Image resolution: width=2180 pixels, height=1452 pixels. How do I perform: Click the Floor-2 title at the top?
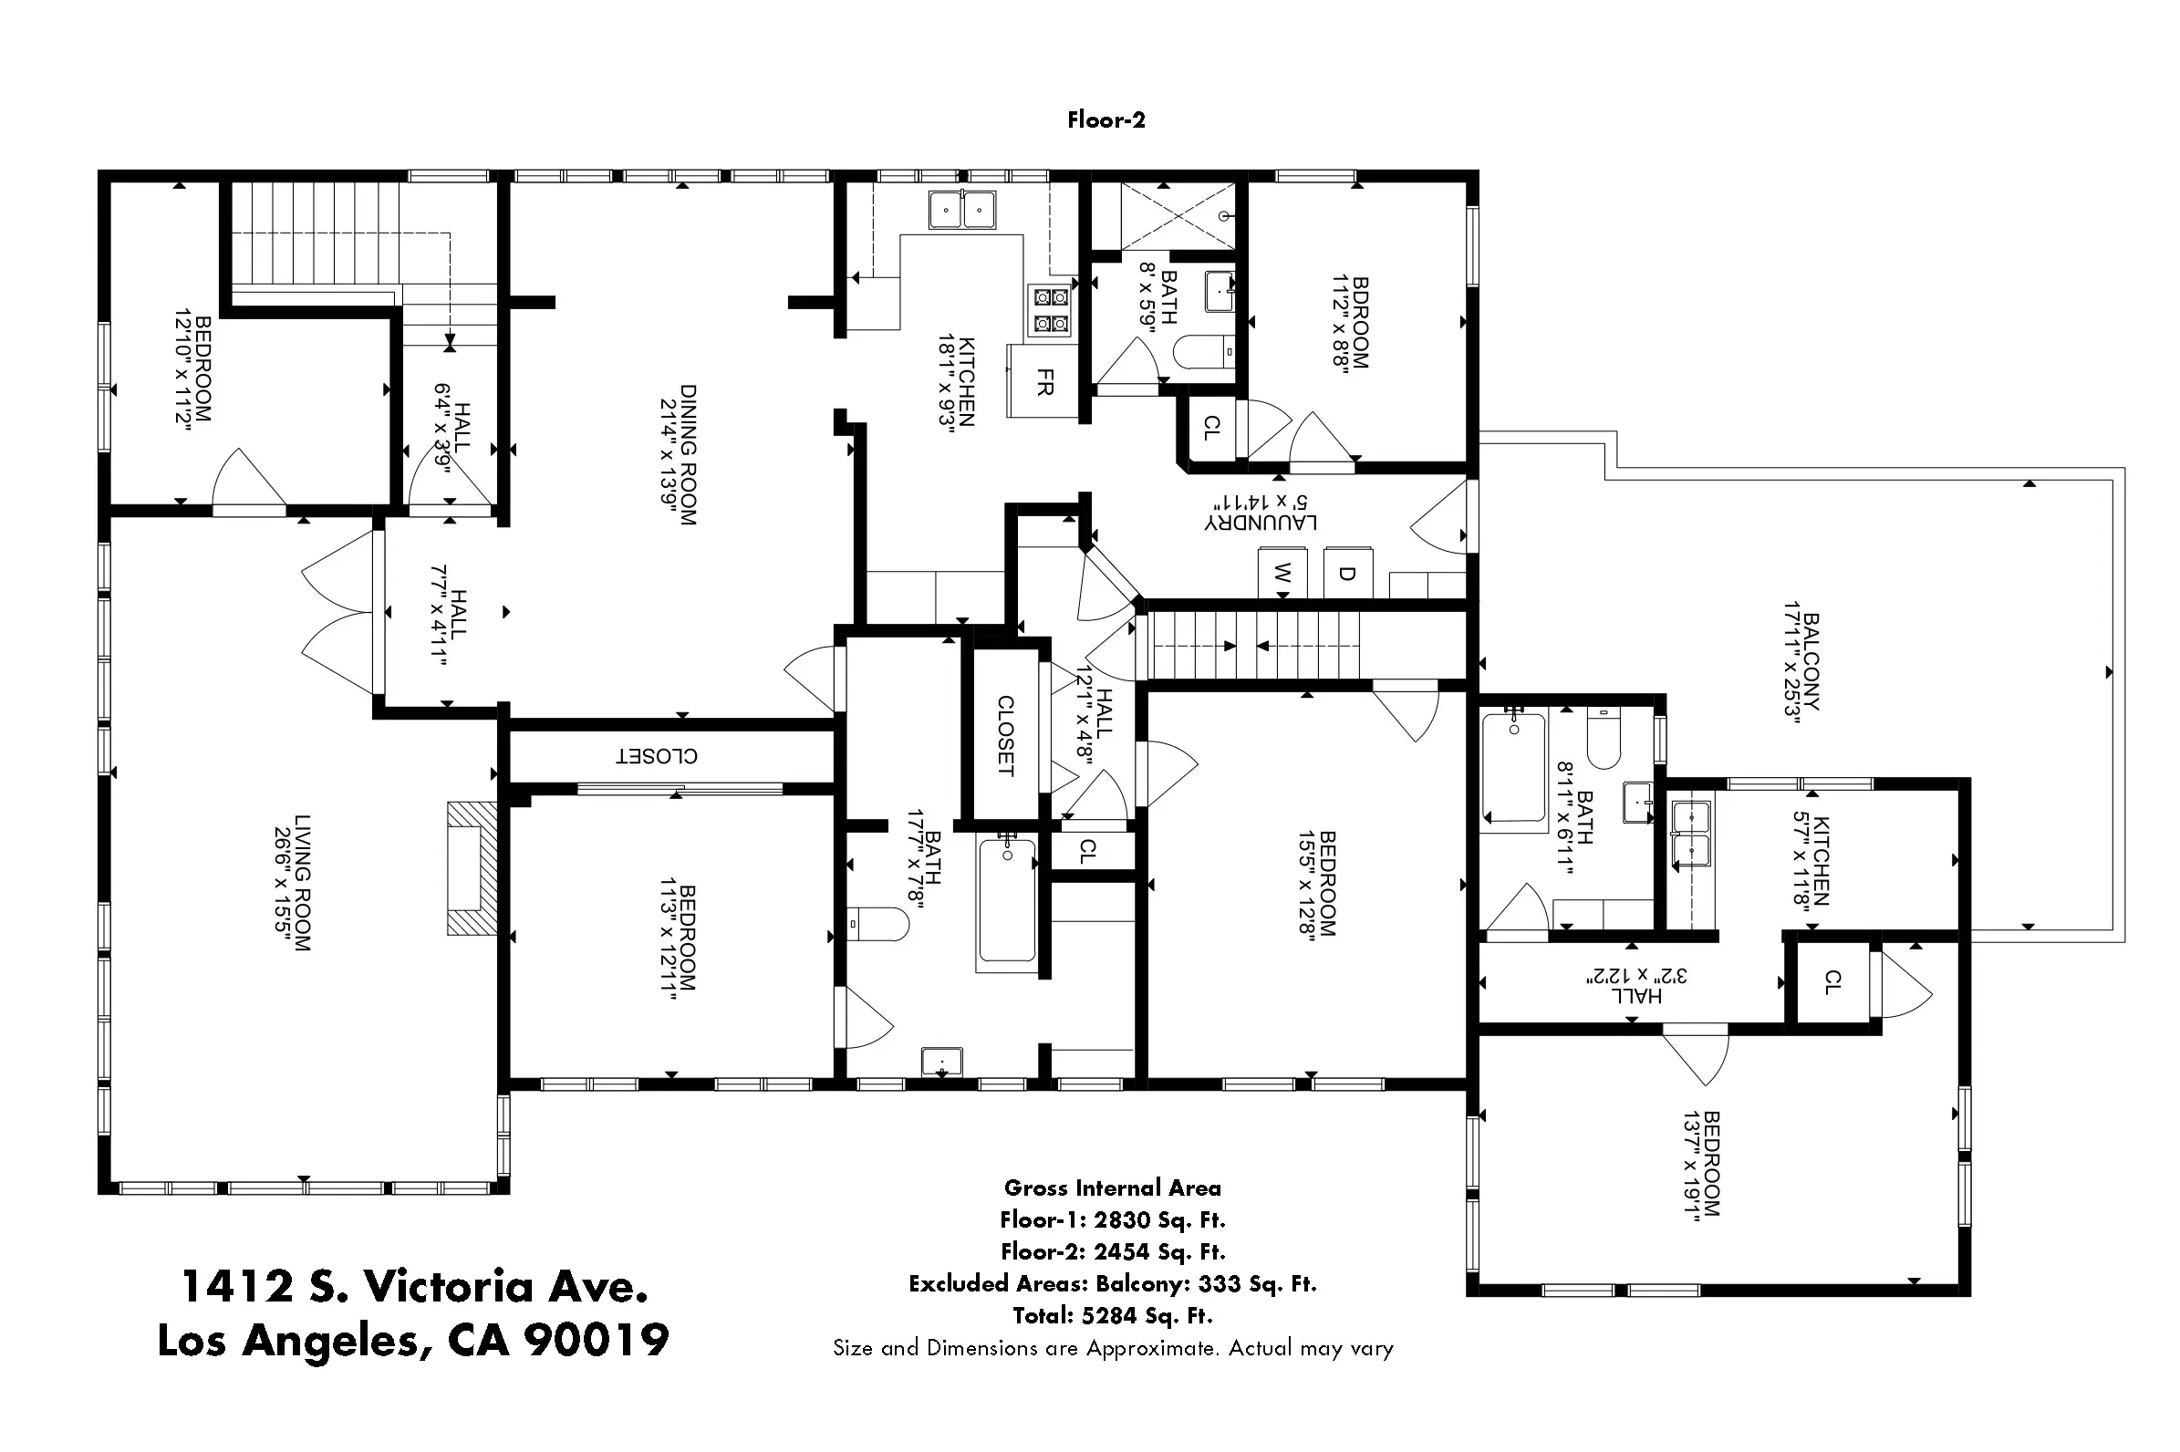(1106, 119)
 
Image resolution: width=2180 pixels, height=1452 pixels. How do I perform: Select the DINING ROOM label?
(688, 455)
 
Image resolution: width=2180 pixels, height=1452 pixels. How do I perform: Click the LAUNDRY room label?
(1261, 524)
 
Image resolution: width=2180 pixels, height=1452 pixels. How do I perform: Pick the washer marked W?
(1281, 574)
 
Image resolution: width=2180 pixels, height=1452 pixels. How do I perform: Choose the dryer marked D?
(1348, 574)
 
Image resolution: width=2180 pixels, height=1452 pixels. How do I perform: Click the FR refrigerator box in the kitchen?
(1043, 381)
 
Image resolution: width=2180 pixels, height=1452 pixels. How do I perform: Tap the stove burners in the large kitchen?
(1051, 310)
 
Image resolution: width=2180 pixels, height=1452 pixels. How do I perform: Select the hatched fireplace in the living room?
(472, 867)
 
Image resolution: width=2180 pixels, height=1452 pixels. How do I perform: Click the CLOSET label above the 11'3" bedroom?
(657, 755)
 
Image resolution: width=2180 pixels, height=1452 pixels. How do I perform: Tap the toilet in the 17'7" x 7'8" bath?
(877, 923)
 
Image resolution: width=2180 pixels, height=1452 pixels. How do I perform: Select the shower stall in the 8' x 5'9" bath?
(1178, 216)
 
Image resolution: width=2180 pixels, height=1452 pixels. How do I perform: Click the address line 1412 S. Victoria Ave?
(414, 1286)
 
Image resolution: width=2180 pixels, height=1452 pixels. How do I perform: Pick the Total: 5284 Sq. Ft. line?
(1112, 1315)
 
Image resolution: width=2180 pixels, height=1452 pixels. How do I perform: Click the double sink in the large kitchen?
(962, 210)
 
